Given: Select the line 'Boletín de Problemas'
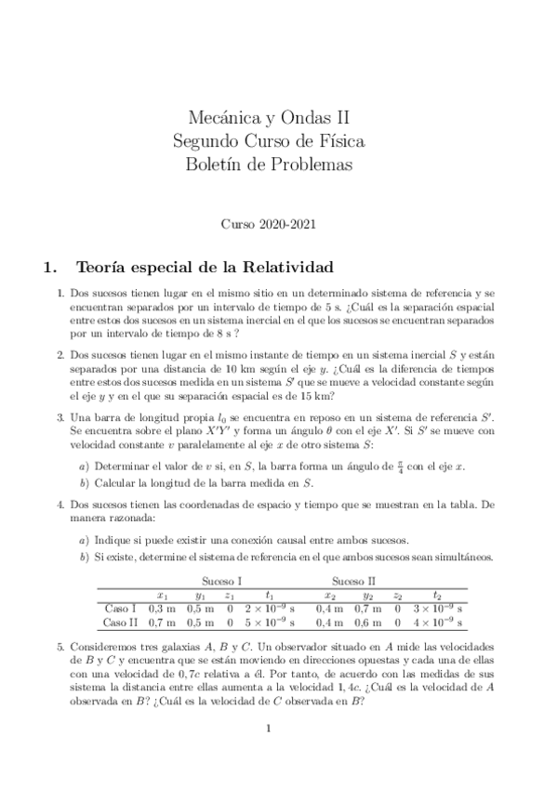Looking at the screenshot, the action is pyautogui.click(x=270, y=165).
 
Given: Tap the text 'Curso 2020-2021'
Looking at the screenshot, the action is pyautogui.click(x=269, y=224).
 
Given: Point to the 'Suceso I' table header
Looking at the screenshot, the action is pyautogui.click(x=220, y=580).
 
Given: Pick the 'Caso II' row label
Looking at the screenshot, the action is pyautogui.click(x=119, y=622).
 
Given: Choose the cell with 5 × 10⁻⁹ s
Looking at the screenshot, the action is pyautogui.click(x=269, y=622).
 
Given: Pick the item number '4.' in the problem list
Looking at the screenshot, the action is pyautogui.click(x=60, y=503).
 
